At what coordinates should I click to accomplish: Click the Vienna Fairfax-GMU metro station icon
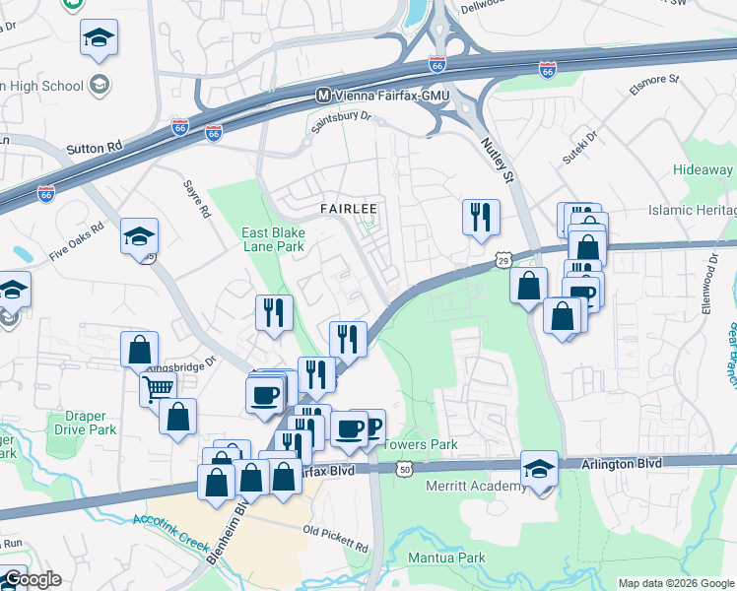click(322, 95)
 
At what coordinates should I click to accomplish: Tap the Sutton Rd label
click(95, 148)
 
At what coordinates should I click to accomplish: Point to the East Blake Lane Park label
click(274, 239)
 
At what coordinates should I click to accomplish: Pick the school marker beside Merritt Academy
click(539, 469)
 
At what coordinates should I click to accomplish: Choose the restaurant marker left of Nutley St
click(481, 217)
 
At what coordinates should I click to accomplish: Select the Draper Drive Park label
click(83, 423)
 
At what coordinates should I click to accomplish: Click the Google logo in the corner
click(32, 579)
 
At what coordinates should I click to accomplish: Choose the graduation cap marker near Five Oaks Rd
click(139, 236)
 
